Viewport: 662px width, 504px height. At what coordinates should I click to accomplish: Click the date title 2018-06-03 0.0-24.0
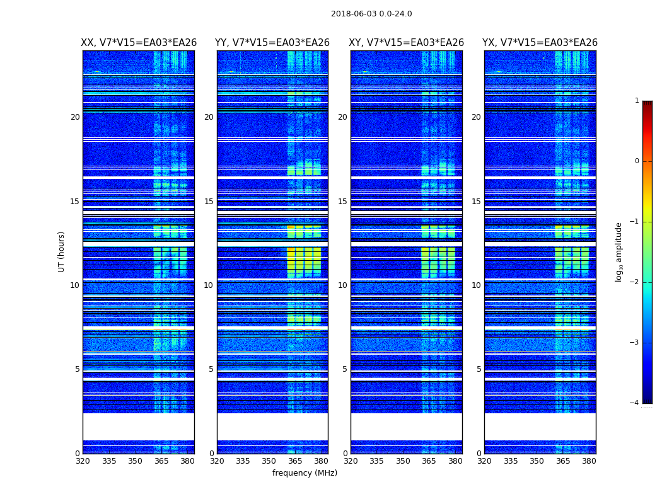coord(371,14)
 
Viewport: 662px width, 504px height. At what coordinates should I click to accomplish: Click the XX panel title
coord(139,43)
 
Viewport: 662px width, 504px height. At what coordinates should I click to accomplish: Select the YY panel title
coord(272,43)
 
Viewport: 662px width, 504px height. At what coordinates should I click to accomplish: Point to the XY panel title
coord(407,43)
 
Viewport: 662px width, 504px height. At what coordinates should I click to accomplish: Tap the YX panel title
coord(540,43)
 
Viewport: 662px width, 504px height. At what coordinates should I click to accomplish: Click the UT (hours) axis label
coord(62,251)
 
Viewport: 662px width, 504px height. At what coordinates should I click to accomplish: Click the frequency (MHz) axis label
coord(305,473)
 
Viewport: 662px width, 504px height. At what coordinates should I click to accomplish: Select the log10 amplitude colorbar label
coord(619,251)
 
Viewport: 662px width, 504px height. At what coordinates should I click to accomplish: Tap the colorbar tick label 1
coord(637,101)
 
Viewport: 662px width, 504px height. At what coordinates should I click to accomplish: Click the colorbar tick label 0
coord(637,161)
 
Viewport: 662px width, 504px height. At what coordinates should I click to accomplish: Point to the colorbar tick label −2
coord(635,282)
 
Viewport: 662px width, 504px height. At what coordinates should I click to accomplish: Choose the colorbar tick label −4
coord(635,403)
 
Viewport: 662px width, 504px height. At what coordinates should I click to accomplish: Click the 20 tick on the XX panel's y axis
coord(75,117)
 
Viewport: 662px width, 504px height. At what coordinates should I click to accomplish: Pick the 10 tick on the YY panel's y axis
coord(209,285)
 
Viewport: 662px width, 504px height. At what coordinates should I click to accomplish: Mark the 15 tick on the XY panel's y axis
coord(342,202)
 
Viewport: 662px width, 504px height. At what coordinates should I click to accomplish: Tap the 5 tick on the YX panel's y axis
coord(479,369)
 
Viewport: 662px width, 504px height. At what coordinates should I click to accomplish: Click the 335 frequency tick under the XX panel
coord(109,461)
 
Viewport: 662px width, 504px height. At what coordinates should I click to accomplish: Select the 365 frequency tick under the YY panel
coord(295,461)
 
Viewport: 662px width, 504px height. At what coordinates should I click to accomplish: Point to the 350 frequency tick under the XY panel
coord(403,461)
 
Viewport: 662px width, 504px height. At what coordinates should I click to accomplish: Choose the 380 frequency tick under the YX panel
coord(589,461)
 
